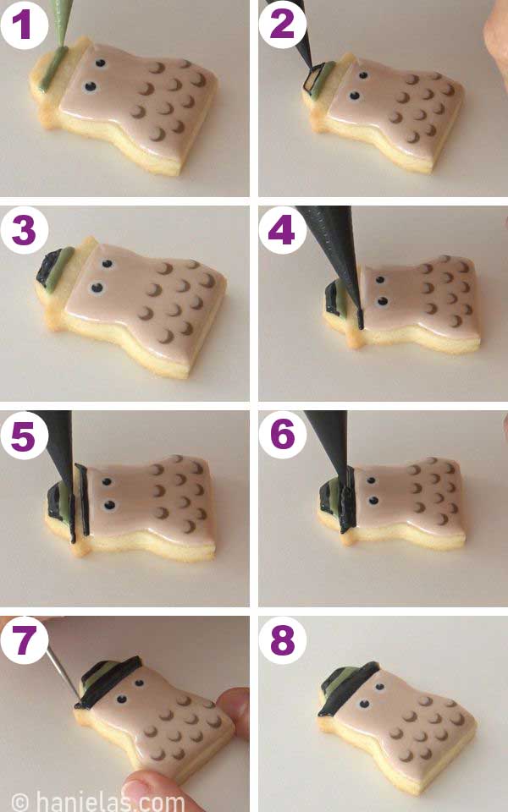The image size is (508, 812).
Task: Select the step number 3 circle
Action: coord(24,229)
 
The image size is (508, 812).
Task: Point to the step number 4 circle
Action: coord(282,229)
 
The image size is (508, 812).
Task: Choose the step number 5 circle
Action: coord(24,434)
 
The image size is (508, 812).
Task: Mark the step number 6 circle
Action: coord(282,434)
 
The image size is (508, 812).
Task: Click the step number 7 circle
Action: coord(24,640)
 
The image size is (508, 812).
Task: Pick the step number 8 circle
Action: coord(282,640)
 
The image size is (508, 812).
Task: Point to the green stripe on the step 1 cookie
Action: coord(52,68)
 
